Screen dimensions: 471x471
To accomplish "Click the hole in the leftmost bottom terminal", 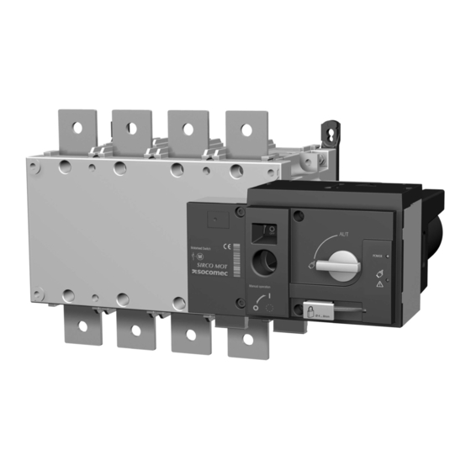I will [x=80, y=332].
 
